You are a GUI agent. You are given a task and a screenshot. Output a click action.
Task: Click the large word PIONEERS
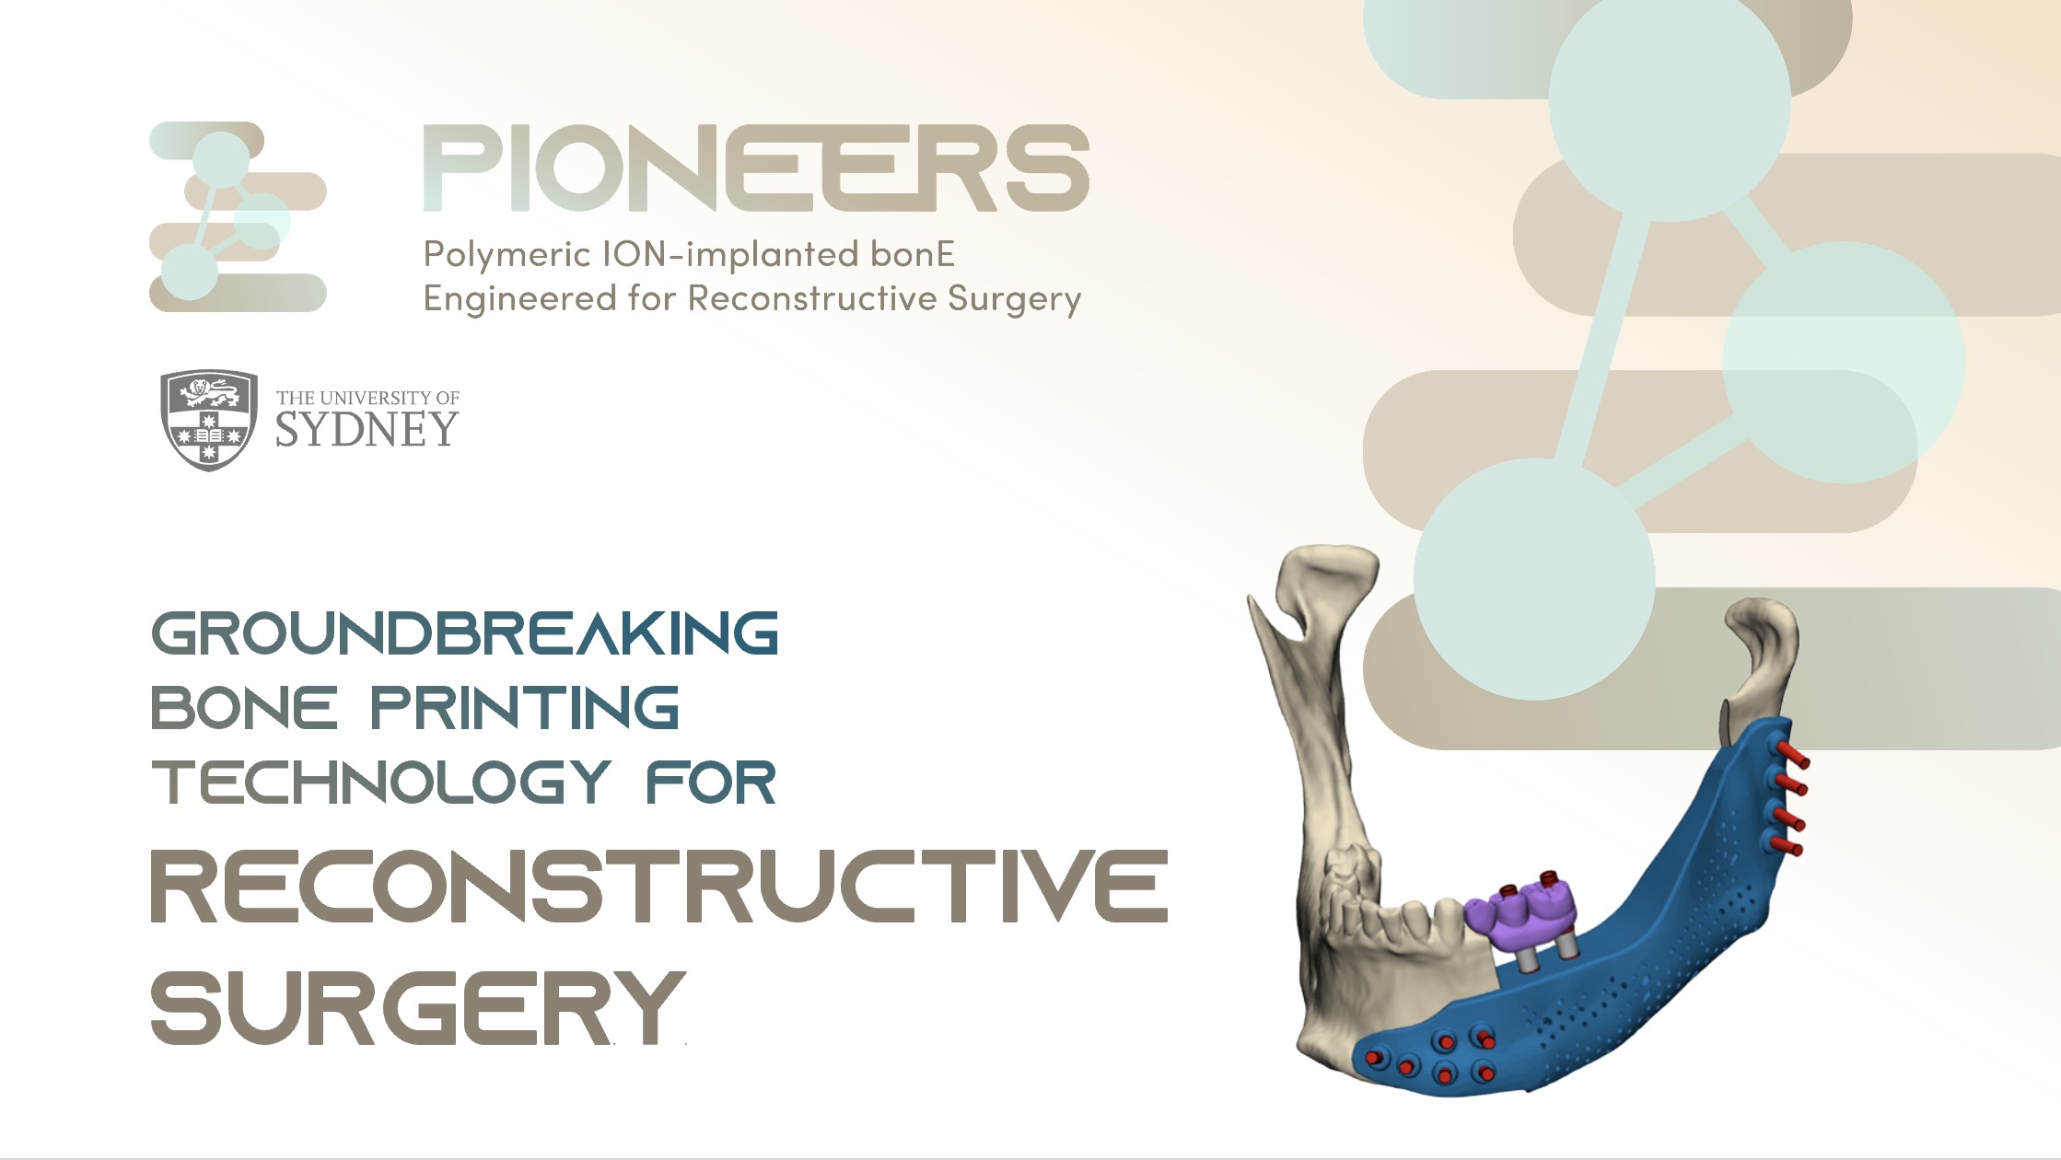756,168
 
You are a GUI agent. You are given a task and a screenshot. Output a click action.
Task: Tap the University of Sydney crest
209,421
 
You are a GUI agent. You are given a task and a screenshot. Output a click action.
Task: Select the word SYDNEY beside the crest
367,430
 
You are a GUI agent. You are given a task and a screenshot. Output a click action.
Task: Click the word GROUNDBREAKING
465,633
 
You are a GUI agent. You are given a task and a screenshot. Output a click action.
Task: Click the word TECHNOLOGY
381,783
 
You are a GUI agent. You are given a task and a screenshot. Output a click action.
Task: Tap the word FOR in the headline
711,783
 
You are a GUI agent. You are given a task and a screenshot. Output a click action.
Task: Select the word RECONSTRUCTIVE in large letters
659,886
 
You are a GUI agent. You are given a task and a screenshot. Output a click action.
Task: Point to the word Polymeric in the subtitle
507,255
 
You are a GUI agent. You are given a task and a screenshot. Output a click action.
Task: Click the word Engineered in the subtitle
519,299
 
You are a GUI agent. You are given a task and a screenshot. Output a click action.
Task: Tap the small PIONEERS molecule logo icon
238,217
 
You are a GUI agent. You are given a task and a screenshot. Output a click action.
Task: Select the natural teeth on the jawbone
1391,907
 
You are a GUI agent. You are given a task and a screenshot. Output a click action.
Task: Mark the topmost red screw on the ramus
1793,755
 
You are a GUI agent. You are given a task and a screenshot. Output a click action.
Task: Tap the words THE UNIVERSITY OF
367,398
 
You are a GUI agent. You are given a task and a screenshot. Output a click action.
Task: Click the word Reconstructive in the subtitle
811,299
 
